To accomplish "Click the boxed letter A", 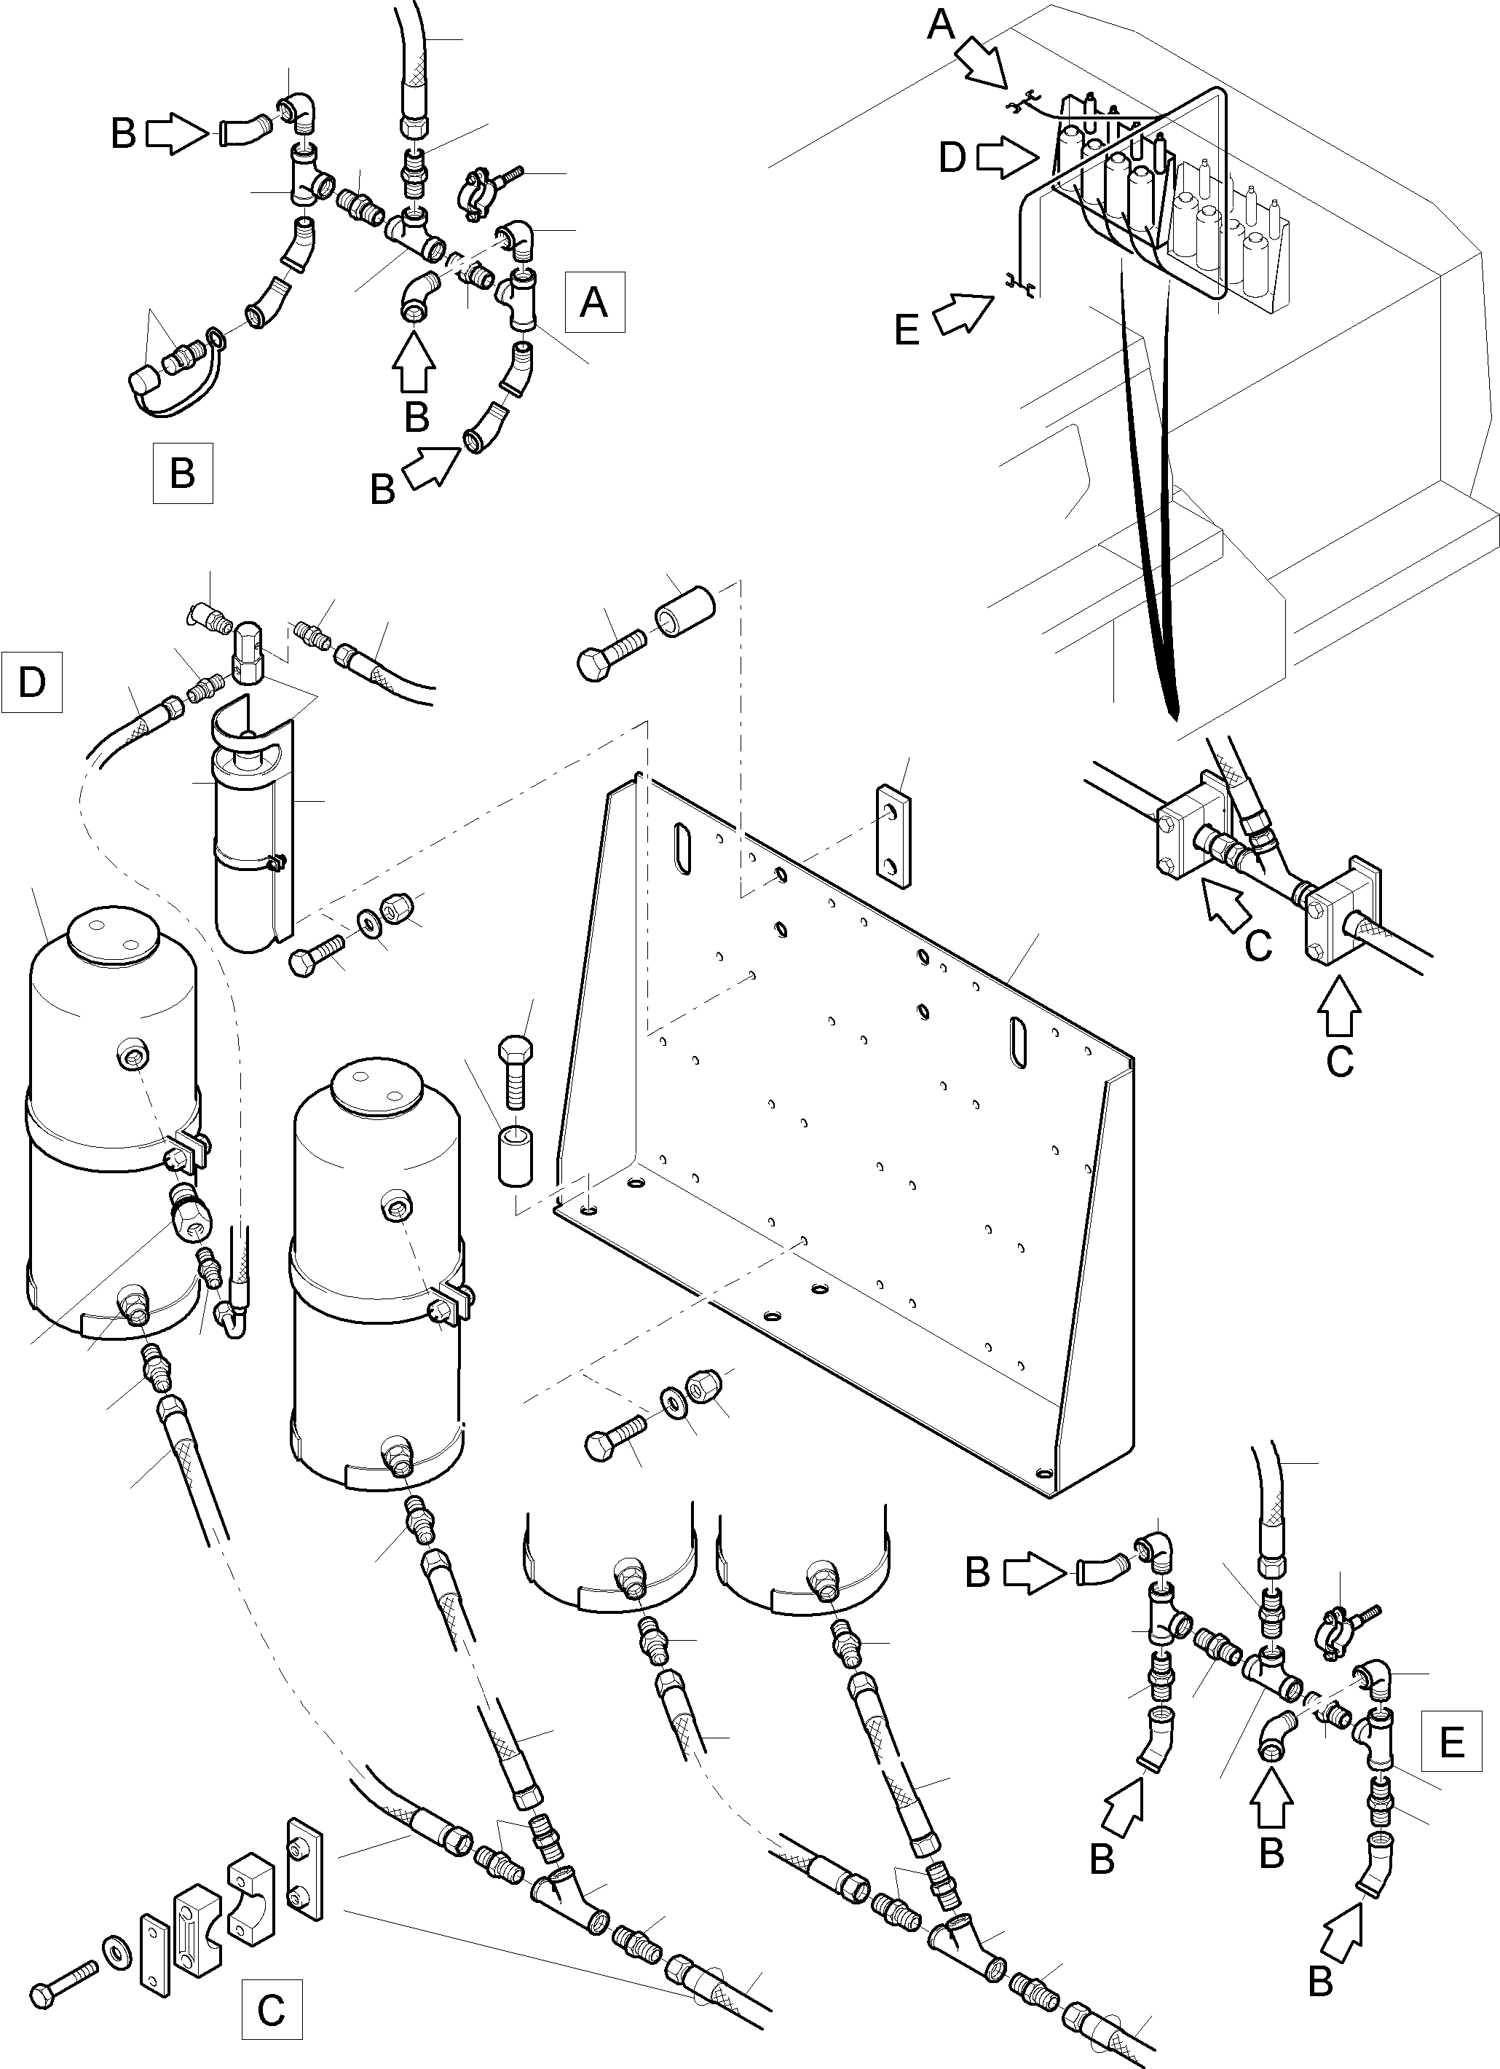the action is click(x=594, y=301).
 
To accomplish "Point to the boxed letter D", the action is click(x=32, y=682).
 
